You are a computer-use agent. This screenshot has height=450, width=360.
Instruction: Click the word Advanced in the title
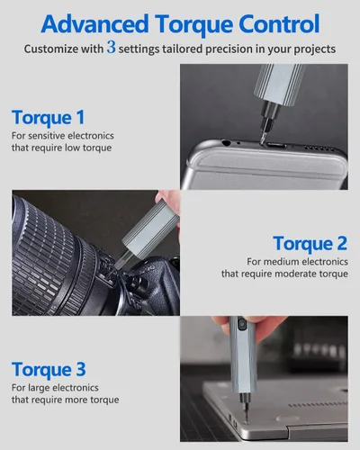coord(94,24)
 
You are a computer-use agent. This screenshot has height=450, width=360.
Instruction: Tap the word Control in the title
coord(279,24)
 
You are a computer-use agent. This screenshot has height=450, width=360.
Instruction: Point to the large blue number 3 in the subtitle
coord(111,48)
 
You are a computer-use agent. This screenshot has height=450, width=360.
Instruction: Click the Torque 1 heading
coord(48,117)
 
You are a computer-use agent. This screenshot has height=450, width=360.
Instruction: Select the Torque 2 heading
coord(310,243)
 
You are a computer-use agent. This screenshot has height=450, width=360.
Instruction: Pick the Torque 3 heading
coord(49,369)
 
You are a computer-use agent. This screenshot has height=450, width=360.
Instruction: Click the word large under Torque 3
coord(40,388)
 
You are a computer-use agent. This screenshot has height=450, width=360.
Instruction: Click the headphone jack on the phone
coord(225,143)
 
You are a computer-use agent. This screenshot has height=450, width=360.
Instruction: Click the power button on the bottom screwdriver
coord(241,324)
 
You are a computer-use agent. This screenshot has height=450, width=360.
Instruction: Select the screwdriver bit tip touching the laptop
coord(246,421)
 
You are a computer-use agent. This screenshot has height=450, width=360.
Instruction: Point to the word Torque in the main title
coord(193,25)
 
